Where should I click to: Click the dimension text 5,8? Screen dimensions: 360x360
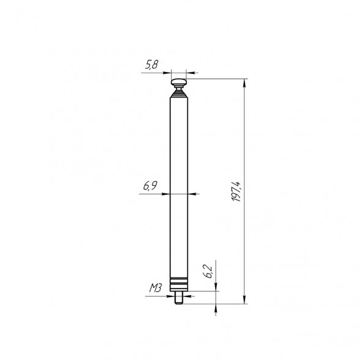tap(151, 64)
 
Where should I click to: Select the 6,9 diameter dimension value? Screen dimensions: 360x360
tap(150, 186)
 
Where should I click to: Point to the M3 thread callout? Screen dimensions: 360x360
tap(155, 288)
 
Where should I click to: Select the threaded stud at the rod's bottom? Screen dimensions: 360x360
tap(180, 299)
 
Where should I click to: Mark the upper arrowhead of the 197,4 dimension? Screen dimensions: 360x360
tap(245, 83)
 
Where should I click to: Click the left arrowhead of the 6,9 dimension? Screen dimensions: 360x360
tap(166, 194)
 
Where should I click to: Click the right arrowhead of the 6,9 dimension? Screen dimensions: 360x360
tap(194, 194)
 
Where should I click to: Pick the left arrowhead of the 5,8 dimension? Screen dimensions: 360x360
tap(168, 72)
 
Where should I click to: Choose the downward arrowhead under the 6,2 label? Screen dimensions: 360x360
tap(215, 288)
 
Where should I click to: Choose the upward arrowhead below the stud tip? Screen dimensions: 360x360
tap(215, 307)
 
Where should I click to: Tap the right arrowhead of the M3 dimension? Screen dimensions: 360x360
tap(185, 295)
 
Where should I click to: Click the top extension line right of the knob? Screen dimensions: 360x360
tap(220, 79)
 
